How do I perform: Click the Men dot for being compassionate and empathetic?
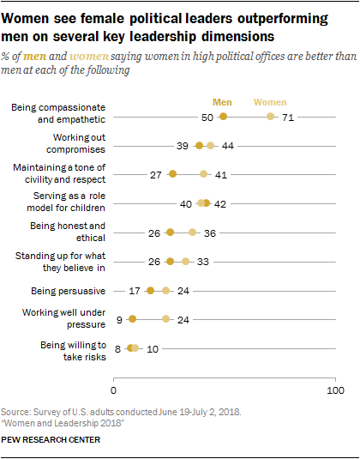[223, 116]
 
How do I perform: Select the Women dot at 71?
[271, 116]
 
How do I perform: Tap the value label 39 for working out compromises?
[183, 146]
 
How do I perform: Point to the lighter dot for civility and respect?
[203, 174]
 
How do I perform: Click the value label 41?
[221, 175]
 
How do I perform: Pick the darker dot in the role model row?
[207, 203]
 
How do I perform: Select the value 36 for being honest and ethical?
[210, 233]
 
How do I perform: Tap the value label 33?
[203, 262]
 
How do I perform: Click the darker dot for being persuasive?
[150, 290]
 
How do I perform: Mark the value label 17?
[135, 291]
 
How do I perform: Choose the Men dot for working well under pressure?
[133, 319]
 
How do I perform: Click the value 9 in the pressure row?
[119, 320]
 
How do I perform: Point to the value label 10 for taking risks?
[153, 349]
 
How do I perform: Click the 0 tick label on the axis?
[113, 390]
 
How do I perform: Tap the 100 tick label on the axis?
[335, 390]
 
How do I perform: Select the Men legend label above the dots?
[222, 102]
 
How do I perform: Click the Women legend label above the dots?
[270, 102]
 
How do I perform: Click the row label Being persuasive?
[68, 291]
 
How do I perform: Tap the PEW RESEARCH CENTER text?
[51, 439]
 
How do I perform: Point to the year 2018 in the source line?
[229, 412]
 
